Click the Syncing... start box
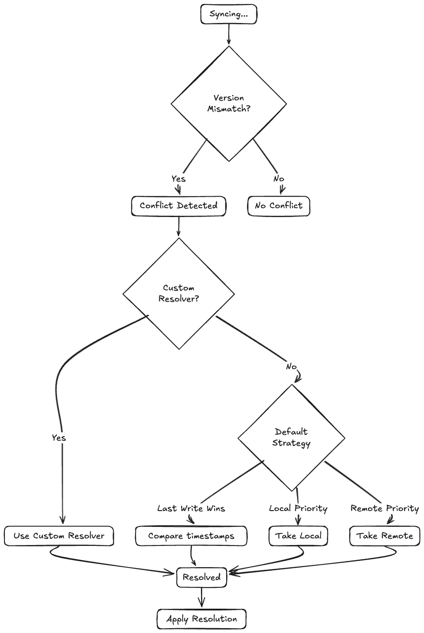tap(228, 14)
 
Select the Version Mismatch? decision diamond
tap(228, 103)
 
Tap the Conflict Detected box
tap(178, 206)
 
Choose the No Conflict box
tap(278, 206)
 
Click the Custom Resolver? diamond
tap(178, 294)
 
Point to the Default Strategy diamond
tap(291, 438)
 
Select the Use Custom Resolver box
tap(59, 536)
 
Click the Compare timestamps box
tap(191, 536)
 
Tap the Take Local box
tap(298, 536)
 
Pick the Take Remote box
tap(385, 536)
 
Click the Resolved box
tap(201, 577)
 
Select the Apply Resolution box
tap(201, 619)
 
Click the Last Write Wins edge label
tap(191, 508)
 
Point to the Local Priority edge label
tap(298, 508)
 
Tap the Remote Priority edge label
tap(384, 508)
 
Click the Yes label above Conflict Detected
tap(178, 179)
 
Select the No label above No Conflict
tap(278, 179)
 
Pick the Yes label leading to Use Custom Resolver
tap(59, 438)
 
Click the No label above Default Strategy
tap(291, 366)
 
